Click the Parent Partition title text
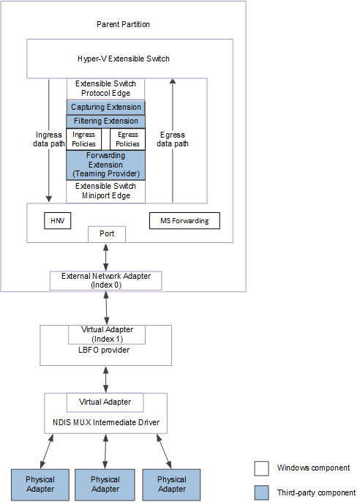tap(123, 24)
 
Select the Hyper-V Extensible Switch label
tap(128, 58)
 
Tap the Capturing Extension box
tap(106, 108)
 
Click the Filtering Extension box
tap(106, 121)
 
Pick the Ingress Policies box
tap(84, 139)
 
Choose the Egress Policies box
tap(127, 139)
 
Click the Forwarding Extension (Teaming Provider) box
tap(106, 165)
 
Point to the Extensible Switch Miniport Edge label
tap(106, 190)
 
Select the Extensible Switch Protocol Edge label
tap(106, 89)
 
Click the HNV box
tap(57, 220)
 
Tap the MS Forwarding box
tap(184, 220)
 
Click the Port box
tap(106, 234)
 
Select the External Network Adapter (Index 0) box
tap(105, 280)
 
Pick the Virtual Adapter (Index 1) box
tap(105, 334)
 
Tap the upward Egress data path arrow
tap(173, 139)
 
